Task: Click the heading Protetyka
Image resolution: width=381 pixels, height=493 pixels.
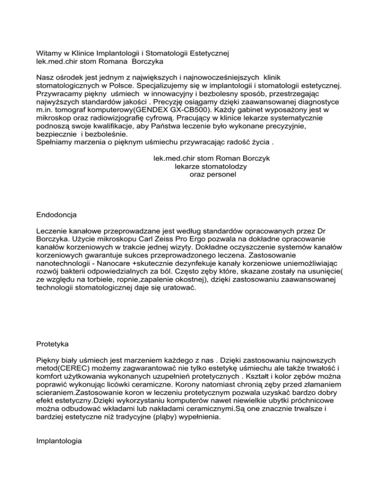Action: tap(53, 343)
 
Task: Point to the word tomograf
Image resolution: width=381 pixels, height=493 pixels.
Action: tap(73, 110)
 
